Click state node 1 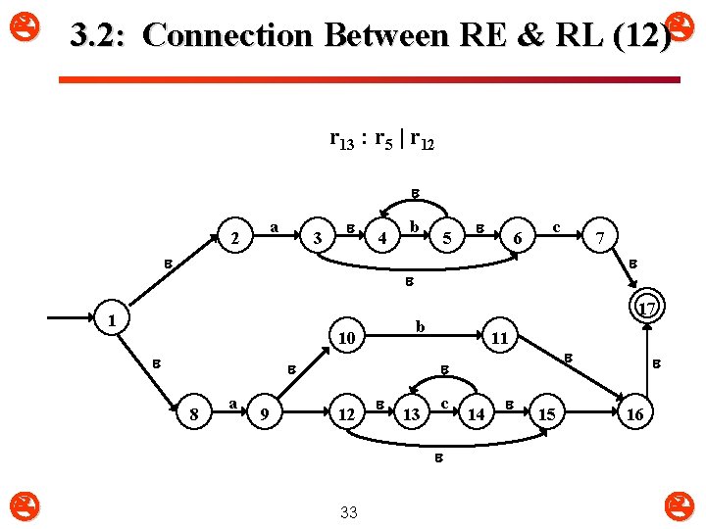113,320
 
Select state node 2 234,238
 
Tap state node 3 316,238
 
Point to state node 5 447,238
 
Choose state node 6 520,238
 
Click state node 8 194,415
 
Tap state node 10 345,338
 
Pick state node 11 499,338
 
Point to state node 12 344,415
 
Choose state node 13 411,415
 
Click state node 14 476,415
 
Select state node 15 546,415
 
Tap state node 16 634,415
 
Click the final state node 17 646,310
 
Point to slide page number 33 348,511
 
